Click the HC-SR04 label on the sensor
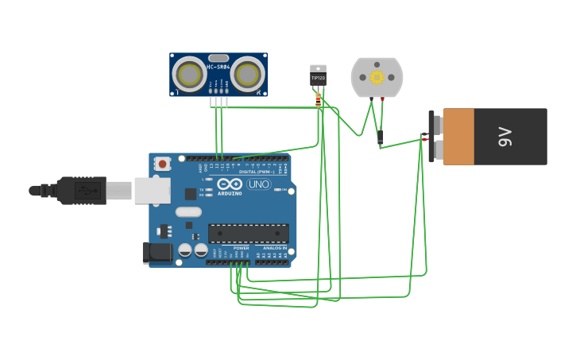click(x=218, y=57)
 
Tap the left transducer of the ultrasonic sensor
click(x=190, y=75)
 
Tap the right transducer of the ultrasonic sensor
click(x=248, y=75)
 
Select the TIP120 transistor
click(x=318, y=77)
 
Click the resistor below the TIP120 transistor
click(x=319, y=99)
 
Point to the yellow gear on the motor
click(x=377, y=77)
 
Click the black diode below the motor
click(x=380, y=137)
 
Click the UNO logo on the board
click(x=259, y=184)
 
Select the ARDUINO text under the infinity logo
click(x=230, y=193)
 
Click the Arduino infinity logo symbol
click(x=230, y=184)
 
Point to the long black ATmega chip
click(x=248, y=233)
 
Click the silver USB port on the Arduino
click(x=152, y=191)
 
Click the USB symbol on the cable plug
click(x=87, y=191)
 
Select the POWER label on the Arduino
click(x=241, y=248)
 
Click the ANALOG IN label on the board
click(x=275, y=248)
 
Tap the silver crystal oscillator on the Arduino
click(x=188, y=212)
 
